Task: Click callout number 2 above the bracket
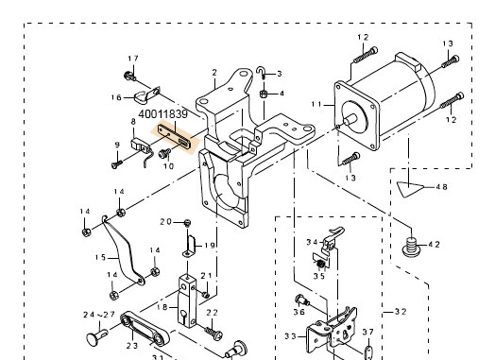214,73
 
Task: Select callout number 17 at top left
132,59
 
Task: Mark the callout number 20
165,222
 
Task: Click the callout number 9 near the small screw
116,145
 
